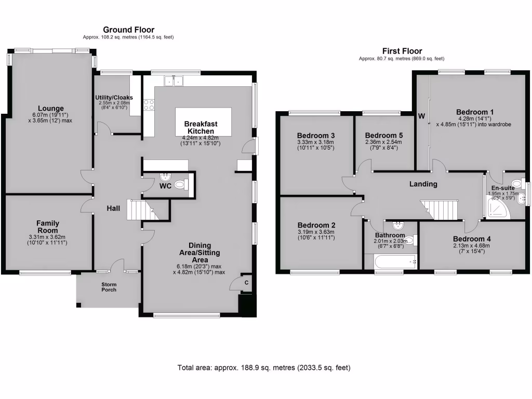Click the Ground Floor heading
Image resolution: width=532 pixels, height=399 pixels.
click(x=128, y=30)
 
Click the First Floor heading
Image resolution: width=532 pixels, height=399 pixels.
click(x=402, y=51)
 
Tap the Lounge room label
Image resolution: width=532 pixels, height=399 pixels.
click(x=47, y=109)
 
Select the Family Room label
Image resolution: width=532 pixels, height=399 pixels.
click(x=47, y=227)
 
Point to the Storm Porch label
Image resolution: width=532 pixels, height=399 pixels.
click(x=109, y=286)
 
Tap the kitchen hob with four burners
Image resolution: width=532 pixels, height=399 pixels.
click(x=148, y=105)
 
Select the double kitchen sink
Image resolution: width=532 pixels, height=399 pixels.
click(x=174, y=81)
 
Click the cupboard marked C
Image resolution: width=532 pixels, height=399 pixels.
click(x=246, y=282)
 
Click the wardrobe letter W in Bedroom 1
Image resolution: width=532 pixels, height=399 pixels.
click(x=421, y=116)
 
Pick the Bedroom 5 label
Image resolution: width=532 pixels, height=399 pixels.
click(x=384, y=135)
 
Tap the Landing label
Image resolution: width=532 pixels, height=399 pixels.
click(x=423, y=184)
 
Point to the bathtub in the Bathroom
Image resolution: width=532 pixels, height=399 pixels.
click(x=391, y=261)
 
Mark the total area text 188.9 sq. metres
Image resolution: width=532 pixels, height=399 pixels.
click(x=263, y=368)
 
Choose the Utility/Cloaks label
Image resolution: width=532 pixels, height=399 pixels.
click(x=114, y=97)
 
